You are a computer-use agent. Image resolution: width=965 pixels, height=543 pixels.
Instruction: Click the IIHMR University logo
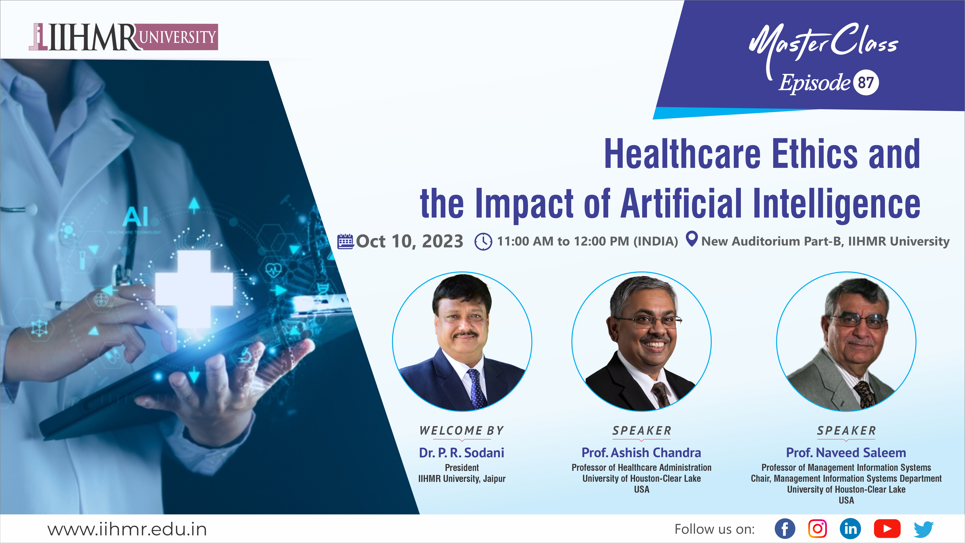[x=124, y=37]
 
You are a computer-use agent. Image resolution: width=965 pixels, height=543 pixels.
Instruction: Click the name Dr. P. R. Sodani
[x=462, y=453]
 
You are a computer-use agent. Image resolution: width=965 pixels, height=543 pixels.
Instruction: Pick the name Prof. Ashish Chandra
[x=641, y=453]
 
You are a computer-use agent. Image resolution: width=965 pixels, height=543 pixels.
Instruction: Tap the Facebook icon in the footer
[x=785, y=529]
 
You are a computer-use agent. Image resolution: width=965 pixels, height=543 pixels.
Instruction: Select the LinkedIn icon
[x=850, y=529]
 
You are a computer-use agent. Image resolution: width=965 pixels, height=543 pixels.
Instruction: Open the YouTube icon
[x=887, y=529]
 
